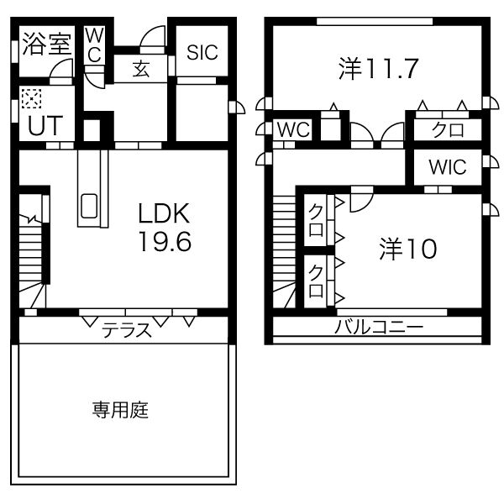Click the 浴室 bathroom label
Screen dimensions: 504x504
pos(46,44)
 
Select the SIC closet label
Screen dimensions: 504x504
pos(202,52)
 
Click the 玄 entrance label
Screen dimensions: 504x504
pos(141,70)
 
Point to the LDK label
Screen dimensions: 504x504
pos(165,213)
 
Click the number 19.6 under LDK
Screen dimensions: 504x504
pos(165,242)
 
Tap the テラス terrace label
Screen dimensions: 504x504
pos(128,330)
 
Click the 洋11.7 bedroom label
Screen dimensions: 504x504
pos(379,68)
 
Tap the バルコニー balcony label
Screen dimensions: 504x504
pos(379,327)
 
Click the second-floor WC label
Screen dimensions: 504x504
pos(294,130)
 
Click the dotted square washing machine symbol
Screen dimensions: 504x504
pos(31,100)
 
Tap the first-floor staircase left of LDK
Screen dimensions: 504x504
pos(34,260)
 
